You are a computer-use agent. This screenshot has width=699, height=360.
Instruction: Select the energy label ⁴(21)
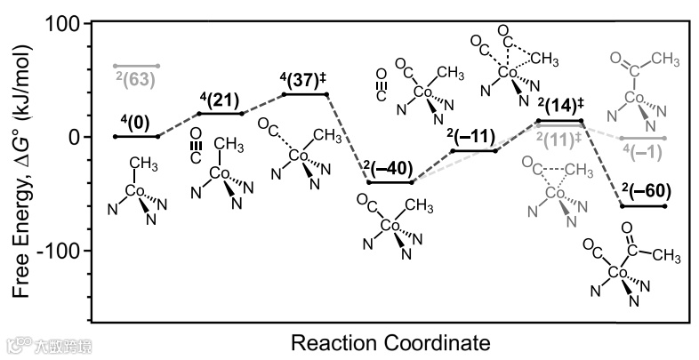pyautogui.click(x=219, y=100)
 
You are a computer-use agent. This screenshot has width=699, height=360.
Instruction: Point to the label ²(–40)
pyautogui.click(x=390, y=169)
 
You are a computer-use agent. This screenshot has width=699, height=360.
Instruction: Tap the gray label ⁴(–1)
pyautogui.click(x=640, y=151)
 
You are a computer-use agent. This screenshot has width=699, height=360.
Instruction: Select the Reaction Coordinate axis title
pyautogui.click(x=390, y=341)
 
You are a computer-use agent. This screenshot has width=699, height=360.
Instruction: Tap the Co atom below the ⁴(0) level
pyautogui.click(x=135, y=191)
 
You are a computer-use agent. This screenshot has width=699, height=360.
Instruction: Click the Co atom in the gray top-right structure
pyautogui.click(x=633, y=98)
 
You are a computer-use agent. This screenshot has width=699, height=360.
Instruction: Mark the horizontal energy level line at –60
pyautogui.click(x=642, y=206)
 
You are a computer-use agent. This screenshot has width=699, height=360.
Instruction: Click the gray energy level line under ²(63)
pyautogui.click(x=135, y=66)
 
